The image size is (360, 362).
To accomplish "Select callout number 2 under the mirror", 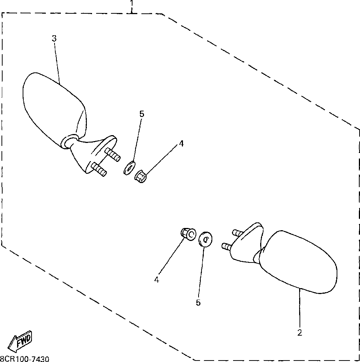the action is (x=300, y=333).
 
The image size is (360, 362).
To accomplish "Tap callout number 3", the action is (x=54, y=38).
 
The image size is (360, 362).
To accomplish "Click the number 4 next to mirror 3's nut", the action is (x=181, y=143).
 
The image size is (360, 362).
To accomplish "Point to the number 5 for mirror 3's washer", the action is (x=141, y=114).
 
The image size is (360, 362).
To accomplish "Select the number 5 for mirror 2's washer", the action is (x=198, y=303).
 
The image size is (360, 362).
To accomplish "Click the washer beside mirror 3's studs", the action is (x=129, y=168).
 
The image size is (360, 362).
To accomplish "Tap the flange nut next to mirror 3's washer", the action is (x=140, y=177).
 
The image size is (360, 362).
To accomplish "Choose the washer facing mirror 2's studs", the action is (x=205, y=239).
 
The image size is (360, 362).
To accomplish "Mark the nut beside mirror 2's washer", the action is (x=188, y=234).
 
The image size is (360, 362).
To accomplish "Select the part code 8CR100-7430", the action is (x=24, y=359).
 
